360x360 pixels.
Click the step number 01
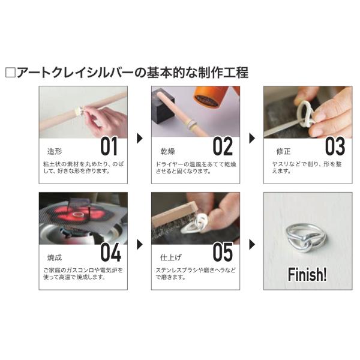[109, 146]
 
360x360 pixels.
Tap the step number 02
[223, 146]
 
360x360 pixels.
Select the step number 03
[335, 146]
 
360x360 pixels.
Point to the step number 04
[110, 253]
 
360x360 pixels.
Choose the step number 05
[223, 253]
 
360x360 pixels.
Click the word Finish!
[307, 274]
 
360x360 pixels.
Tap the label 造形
[55, 152]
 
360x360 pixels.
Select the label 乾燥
[167, 152]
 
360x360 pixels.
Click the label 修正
[284, 152]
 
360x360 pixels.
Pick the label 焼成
[55, 257]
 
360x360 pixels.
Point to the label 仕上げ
[170, 257]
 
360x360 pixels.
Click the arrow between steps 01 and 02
[140, 138]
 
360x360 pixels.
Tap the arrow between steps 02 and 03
[252, 138]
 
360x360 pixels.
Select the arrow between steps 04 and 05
[140, 245]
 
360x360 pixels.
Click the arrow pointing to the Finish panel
[252, 245]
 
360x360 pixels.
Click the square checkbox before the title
[10, 73]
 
